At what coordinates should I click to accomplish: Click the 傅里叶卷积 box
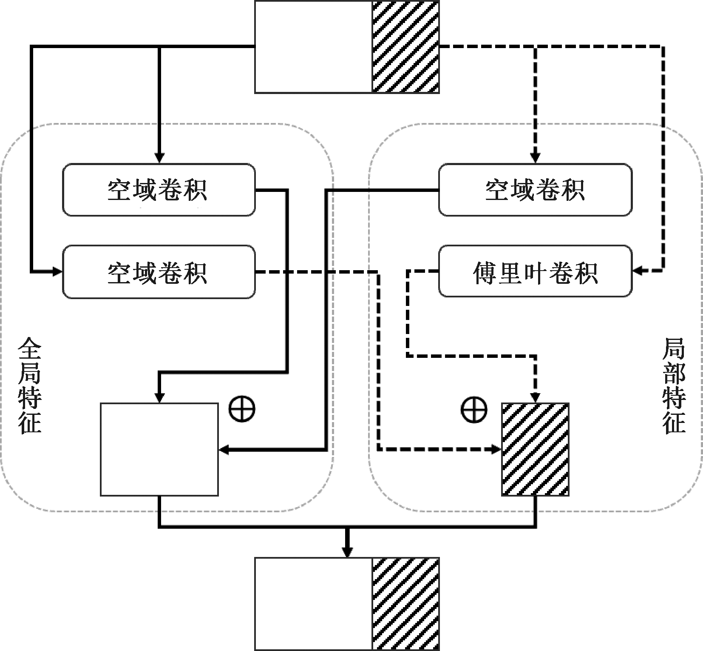pos(535,271)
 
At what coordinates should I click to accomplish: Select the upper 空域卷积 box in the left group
pos(159,190)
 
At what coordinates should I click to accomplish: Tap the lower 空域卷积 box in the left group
pos(159,272)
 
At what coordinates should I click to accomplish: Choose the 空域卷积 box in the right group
pos(535,190)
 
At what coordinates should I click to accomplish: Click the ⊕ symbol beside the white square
pos(242,409)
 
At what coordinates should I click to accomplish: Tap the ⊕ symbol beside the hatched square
pos(473,409)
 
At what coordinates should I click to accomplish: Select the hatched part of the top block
pos(405,46)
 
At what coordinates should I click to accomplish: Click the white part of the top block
pos(313,46)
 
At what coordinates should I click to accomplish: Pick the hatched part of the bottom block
pos(405,604)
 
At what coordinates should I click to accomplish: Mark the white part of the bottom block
pos(313,604)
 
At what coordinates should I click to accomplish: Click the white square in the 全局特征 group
pos(159,449)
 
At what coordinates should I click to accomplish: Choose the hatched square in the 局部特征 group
pos(535,449)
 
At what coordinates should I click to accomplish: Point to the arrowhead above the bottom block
pos(348,552)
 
